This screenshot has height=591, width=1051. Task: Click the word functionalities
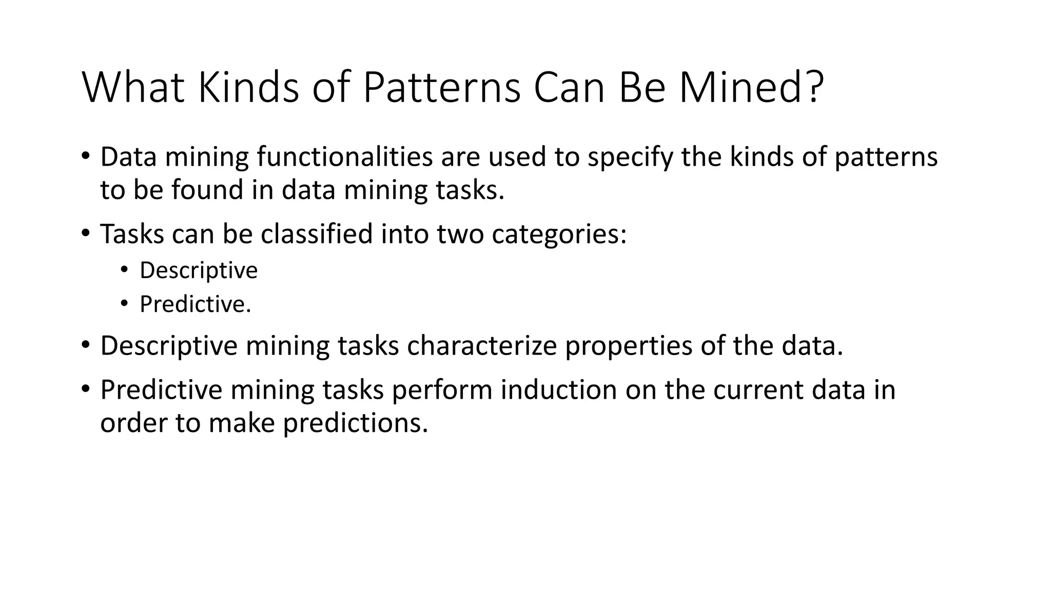pos(345,157)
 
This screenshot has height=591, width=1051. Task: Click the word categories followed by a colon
pos(559,234)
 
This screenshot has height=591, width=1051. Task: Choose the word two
pos(460,234)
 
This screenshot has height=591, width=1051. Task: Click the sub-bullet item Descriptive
pos(199,270)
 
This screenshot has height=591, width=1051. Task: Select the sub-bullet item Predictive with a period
pos(196,304)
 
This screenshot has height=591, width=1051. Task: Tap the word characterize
pos(482,346)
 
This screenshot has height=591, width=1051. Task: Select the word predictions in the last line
pos(355,423)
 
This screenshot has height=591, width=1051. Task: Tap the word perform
pos(442,390)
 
